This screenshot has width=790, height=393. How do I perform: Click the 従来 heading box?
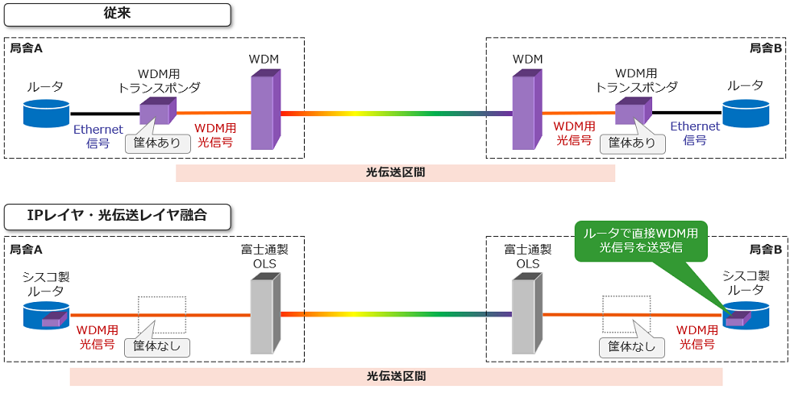118,14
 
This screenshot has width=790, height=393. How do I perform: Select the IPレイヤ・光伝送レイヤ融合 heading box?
118,215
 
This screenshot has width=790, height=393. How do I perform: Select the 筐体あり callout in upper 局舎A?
158,143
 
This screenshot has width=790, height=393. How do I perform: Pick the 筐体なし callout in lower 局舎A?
157,347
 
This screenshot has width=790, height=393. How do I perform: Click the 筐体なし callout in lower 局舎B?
632,347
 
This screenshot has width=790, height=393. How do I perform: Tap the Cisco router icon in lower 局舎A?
46,315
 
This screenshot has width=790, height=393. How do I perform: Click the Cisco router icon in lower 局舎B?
745,315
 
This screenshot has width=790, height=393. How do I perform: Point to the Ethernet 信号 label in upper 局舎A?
98,134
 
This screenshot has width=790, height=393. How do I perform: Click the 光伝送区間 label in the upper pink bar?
395,173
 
